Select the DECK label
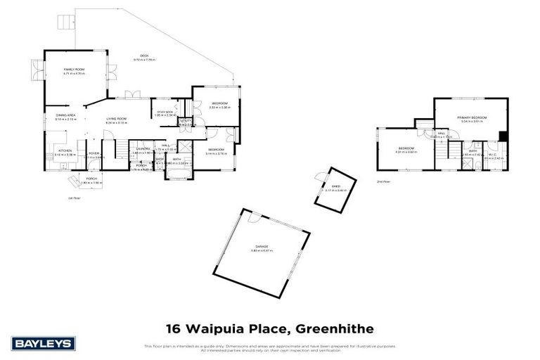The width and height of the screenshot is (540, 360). tap(143, 56)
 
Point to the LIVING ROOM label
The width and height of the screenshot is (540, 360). tap(116, 119)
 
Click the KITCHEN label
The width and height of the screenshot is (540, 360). tap(64, 150)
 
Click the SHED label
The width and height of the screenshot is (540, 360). tap(327, 186)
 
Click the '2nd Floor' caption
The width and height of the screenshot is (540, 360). tap(383, 181)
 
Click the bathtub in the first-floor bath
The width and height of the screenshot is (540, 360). tap(179, 171)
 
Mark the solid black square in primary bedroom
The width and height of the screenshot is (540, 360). tap(502, 136)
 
